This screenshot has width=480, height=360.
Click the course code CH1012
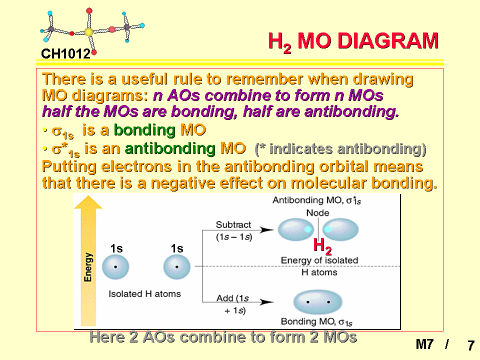click(65, 53)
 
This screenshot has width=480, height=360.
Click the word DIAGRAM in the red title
click(388, 40)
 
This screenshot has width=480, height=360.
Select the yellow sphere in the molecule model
click(88, 32)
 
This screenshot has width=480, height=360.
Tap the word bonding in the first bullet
click(144, 130)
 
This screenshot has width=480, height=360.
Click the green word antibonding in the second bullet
click(170, 148)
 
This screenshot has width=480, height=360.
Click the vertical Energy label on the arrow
click(88, 267)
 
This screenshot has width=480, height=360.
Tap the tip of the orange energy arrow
click(88, 196)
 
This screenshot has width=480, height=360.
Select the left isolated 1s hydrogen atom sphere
click(115, 267)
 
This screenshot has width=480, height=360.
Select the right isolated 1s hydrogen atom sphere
click(176, 267)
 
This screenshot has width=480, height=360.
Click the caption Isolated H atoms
click(144, 294)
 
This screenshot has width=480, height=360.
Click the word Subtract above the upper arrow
click(233, 224)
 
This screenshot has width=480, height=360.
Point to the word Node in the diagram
click(318, 213)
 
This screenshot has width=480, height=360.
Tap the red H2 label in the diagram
click(322, 246)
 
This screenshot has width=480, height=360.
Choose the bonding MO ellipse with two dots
click(318, 302)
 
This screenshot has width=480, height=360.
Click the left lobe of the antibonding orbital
click(295, 229)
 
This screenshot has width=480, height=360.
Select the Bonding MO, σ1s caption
click(316, 321)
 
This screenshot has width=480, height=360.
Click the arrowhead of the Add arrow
click(267, 302)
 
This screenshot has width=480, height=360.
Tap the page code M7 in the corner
click(424, 344)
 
